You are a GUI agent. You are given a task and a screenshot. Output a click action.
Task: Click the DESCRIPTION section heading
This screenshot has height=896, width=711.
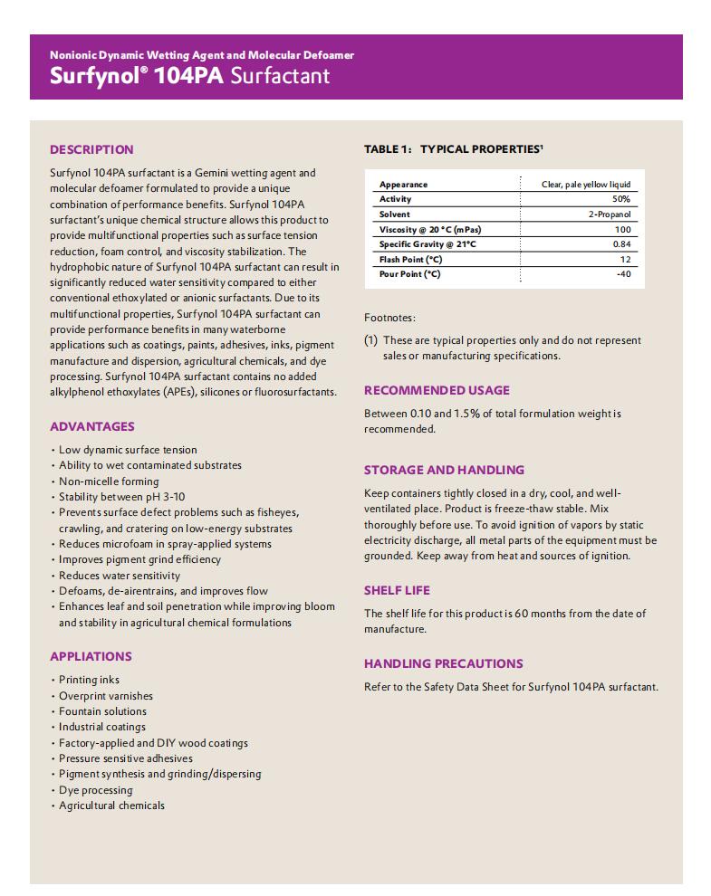point(91,149)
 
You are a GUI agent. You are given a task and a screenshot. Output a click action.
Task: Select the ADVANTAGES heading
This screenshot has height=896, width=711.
point(91,426)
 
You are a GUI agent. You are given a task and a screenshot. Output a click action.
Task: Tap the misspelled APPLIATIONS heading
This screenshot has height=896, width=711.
point(91,656)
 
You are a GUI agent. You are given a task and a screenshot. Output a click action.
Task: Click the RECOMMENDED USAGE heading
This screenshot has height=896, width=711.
point(437,390)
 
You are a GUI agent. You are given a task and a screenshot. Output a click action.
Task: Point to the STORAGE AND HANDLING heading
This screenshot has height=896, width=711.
point(444,470)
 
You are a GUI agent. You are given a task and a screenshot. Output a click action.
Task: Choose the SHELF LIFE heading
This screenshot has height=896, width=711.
point(397,590)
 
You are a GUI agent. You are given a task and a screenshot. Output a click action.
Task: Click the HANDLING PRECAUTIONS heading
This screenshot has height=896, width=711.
point(443,663)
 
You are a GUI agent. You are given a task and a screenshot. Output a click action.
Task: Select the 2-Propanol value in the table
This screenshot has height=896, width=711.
point(609,214)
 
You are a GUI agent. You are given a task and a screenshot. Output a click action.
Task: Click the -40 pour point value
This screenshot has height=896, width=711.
point(622,274)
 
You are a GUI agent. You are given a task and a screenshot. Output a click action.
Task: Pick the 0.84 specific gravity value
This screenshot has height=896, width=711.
point(621,244)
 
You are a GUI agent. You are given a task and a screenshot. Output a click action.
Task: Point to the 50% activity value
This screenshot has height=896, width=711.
point(620,199)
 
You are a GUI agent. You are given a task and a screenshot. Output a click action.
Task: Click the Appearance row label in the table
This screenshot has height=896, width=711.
point(403,185)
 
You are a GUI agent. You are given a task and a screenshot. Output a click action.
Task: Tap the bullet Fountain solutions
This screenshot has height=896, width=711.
point(102,711)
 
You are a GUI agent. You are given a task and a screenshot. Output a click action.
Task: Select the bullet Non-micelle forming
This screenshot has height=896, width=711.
point(109,481)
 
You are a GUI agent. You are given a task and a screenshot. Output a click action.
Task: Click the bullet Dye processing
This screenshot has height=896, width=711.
point(95,790)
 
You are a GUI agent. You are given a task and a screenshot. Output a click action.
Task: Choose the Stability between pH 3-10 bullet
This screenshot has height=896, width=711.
point(121,497)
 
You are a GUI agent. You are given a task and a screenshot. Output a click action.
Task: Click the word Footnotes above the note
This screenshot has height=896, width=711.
point(389,318)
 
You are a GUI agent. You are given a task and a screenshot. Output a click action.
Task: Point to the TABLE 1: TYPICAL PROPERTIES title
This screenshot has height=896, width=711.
point(453,148)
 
